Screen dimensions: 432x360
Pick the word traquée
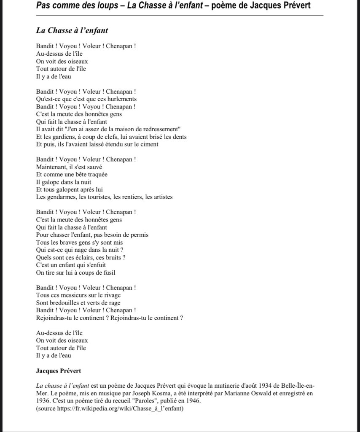95,175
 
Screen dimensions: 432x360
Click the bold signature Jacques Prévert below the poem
58,371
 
